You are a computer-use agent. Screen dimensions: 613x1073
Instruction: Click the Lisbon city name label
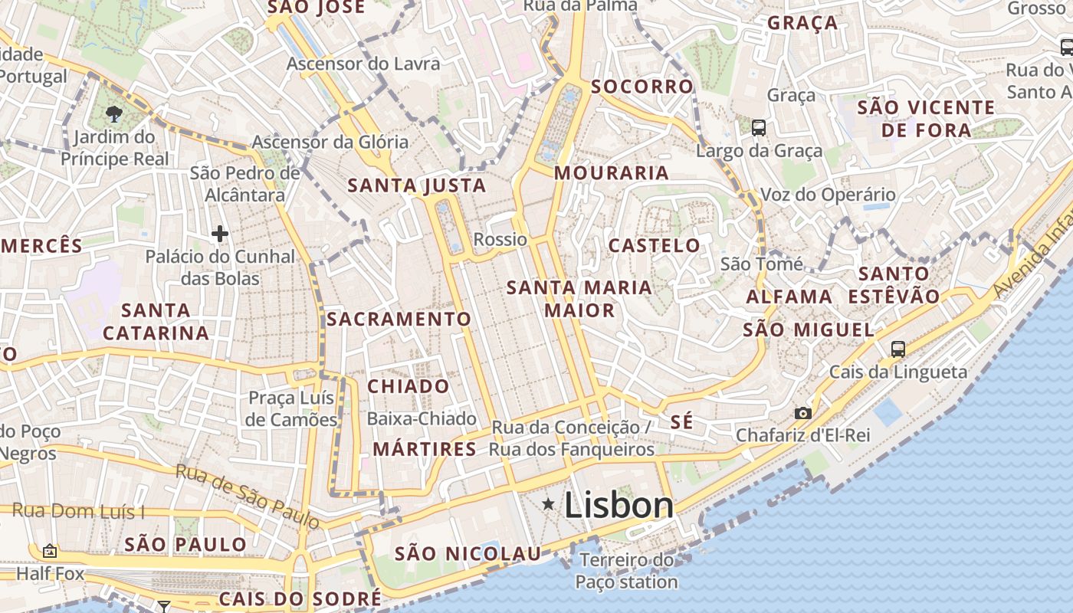click(x=619, y=505)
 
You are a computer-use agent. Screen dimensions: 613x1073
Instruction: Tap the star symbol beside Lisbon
click(x=548, y=503)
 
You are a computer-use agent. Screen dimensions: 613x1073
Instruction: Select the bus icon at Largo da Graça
click(x=759, y=128)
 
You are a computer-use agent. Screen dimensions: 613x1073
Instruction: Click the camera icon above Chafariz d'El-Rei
click(x=802, y=414)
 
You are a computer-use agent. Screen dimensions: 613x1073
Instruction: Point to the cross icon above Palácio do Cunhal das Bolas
click(x=220, y=233)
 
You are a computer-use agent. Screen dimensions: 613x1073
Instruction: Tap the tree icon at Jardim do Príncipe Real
click(x=114, y=115)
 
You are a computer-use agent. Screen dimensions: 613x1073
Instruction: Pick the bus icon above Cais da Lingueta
click(x=898, y=349)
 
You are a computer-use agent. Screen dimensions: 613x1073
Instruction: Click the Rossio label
click(x=500, y=240)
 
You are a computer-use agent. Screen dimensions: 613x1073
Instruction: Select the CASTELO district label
click(x=654, y=246)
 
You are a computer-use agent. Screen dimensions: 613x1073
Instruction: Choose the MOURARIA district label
click(x=612, y=173)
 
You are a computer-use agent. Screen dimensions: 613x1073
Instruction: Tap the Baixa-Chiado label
click(x=422, y=419)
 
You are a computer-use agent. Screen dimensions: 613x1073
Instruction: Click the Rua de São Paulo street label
click(x=247, y=495)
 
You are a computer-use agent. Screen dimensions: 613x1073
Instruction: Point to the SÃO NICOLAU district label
click(x=468, y=554)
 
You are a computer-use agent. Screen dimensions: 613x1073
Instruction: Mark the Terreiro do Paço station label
click(x=626, y=571)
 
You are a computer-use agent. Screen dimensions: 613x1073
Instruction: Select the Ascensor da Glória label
click(x=330, y=142)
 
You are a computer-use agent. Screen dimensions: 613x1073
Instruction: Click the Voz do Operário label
click(x=828, y=195)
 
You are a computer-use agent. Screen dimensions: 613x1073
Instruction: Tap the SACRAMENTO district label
click(x=399, y=319)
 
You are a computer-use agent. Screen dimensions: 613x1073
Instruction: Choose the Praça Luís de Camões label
click(x=292, y=408)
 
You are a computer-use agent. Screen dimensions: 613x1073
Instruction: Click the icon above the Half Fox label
click(x=50, y=551)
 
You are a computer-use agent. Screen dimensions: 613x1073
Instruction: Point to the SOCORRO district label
click(x=642, y=87)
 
